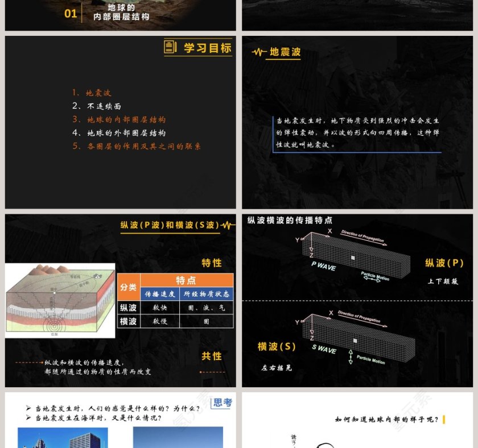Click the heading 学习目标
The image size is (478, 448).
(207, 48)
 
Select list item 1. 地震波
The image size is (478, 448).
(92, 93)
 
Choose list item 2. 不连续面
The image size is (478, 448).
(97, 106)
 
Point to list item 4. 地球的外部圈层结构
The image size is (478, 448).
(119, 133)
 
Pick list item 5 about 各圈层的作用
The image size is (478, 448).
(137, 146)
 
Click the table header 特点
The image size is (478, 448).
(186, 280)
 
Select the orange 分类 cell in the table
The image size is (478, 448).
(129, 287)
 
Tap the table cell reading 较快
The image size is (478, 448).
(160, 308)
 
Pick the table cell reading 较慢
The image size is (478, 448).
(160, 322)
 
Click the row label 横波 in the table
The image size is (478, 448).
(129, 322)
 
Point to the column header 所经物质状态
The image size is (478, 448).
(206, 294)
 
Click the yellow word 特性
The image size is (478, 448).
(211, 263)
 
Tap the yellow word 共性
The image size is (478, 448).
(211, 356)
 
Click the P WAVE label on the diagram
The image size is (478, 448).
(323, 266)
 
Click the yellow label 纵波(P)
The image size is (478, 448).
(444, 263)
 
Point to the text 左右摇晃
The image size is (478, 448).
(277, 368)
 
